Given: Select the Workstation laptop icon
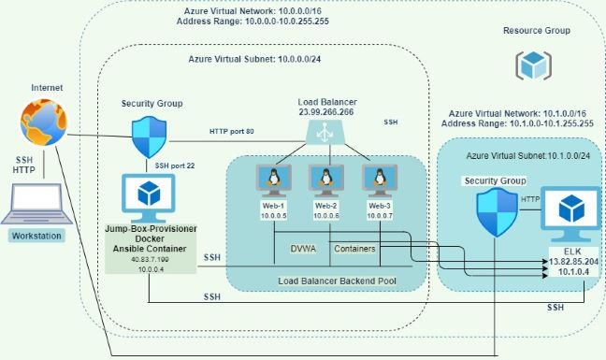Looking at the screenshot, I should point(35,204).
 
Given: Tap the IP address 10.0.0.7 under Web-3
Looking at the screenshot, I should point(380,217).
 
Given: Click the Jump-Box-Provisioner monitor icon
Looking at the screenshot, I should point(149,194).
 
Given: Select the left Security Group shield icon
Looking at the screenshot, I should point(149,137).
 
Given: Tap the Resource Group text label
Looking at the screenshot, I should point(536,30).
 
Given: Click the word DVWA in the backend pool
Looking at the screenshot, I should point(303,250).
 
